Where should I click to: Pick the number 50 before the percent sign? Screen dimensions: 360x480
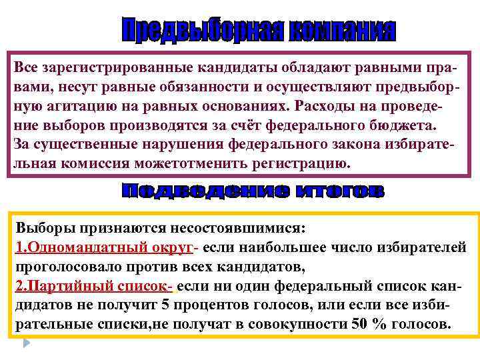[361, 325]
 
